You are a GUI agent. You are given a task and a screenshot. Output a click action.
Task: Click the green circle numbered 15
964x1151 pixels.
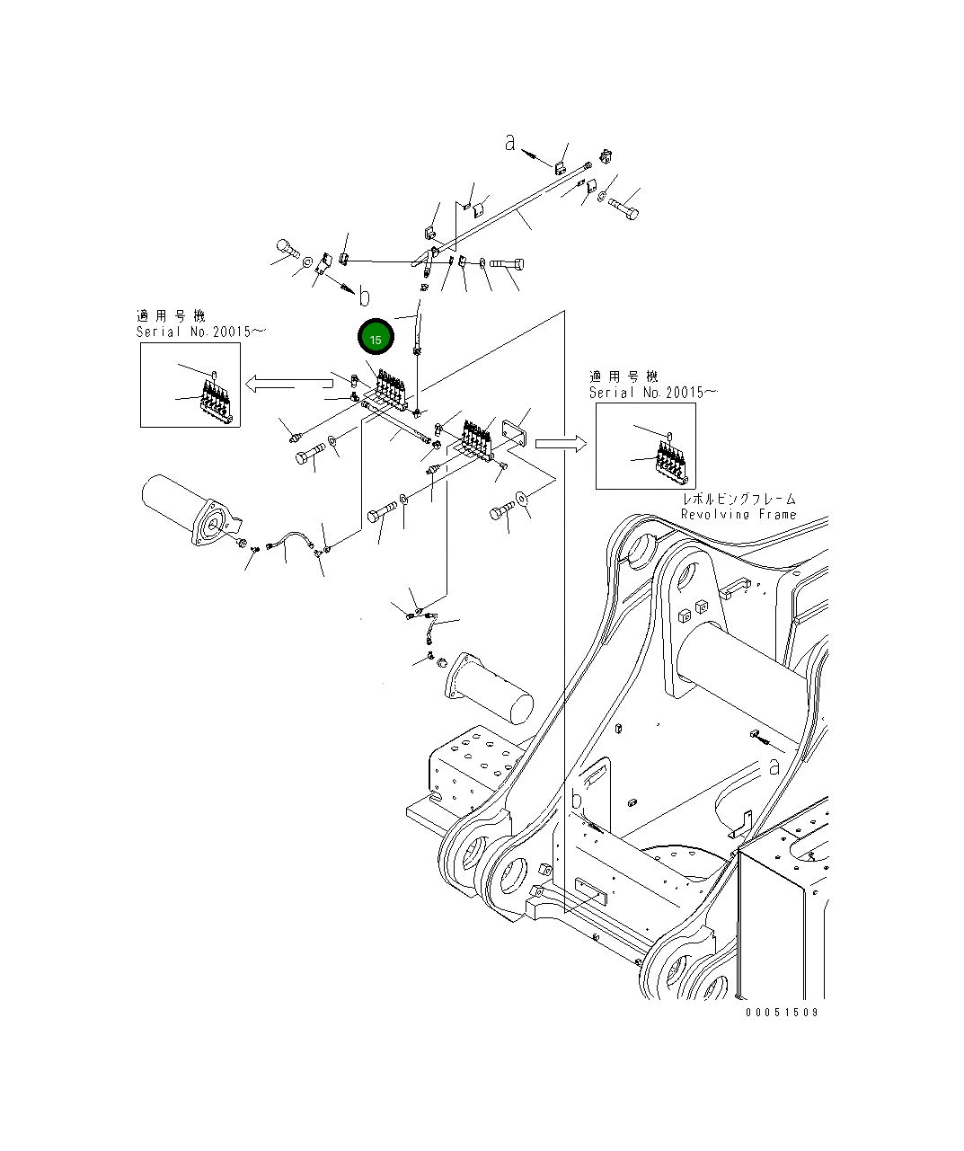tap(376, 337)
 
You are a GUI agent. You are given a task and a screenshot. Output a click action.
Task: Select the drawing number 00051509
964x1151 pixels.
tap(782, 1013)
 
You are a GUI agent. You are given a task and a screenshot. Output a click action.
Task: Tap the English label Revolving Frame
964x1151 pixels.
tap(738, 514)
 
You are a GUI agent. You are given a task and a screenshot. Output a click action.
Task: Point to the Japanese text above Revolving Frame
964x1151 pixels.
tap(739, 499)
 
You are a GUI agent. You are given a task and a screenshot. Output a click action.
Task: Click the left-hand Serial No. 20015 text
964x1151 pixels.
tap(200, 332)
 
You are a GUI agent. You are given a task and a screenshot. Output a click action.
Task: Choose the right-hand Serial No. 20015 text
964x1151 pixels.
tap(653, 393)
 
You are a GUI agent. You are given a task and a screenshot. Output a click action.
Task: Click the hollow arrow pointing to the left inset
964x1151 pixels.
tap(288, 384)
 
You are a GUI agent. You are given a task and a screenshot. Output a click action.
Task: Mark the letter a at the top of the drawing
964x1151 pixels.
tap(509, 143)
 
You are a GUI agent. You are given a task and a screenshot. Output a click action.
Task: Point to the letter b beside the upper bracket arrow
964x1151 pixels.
tap(364, 296)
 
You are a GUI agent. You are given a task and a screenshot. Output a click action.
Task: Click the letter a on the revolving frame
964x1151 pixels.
tap(774, 766)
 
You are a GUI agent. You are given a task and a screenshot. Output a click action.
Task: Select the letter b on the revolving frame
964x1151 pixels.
tap(577, 800)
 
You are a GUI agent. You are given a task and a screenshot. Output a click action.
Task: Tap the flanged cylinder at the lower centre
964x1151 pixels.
tap(489, 689)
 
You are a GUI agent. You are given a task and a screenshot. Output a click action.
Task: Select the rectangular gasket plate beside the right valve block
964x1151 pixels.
tap(514, 433)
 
